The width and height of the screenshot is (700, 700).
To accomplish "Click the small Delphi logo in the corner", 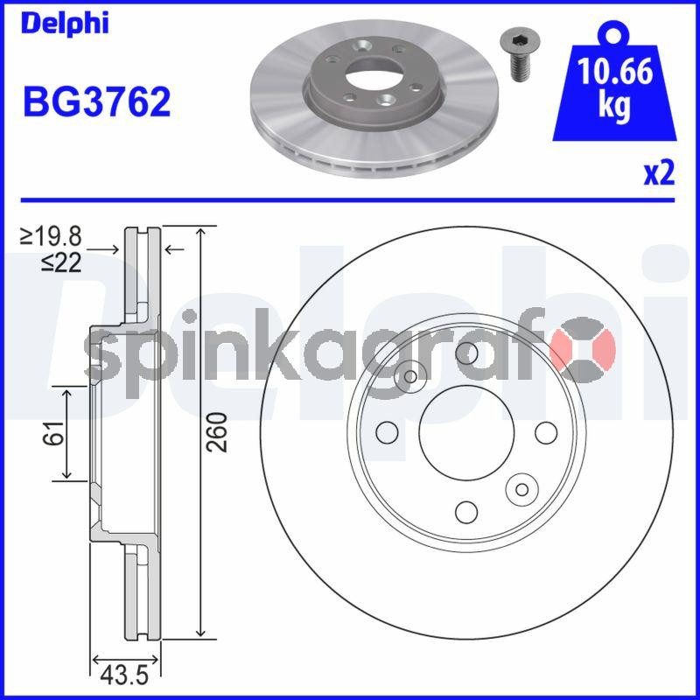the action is [x=65, y=24].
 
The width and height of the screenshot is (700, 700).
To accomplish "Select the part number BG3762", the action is [x=97, y=101].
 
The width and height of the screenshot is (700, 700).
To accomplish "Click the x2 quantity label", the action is [x=659, y=173].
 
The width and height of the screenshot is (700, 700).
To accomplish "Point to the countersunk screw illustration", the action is [x=519, y=55].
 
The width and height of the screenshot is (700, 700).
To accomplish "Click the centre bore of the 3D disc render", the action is [x=373, y=76].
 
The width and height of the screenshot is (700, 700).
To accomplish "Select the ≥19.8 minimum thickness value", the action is [x=51, y=236].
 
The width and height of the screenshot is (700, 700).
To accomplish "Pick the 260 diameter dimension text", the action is [x=218, y=432].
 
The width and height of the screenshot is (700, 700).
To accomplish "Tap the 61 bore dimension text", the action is [x=53, y=432].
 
